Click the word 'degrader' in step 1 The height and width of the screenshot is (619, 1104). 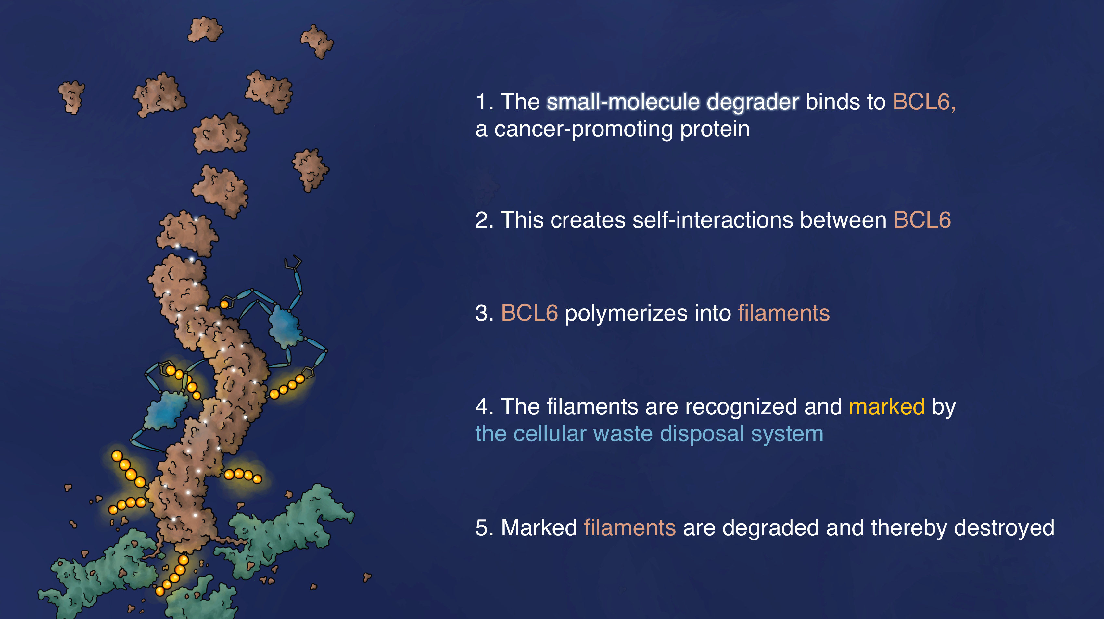pos(753,102)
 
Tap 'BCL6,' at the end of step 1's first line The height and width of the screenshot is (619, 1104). pos(924,102)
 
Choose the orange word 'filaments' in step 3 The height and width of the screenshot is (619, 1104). pos(784,313)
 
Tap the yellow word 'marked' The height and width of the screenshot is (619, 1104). pos(887,406)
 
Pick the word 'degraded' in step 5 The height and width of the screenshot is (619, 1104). pos(770,528)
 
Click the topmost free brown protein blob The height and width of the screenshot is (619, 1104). pos(205,29)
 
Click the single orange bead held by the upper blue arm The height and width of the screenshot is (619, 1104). pos(224,304)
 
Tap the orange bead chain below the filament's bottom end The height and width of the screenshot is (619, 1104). pos(172,575)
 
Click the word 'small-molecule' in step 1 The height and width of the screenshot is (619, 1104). pos(624,102)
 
